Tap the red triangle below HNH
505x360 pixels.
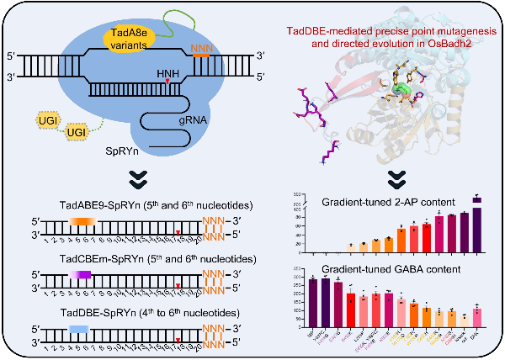(173, 82)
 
